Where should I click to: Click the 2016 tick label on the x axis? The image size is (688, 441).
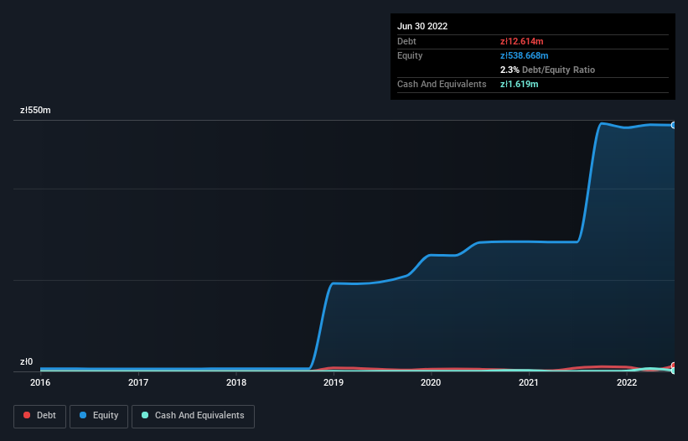pyautogui.click(x=40, y=383)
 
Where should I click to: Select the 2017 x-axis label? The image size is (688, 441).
pyautogui.click(x=138, y=383)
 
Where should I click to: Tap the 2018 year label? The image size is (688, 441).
pyautogui.click(x=236, y=383)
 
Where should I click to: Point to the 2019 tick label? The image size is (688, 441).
pyautogui.click(x=334, y=383)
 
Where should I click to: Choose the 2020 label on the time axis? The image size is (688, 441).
pyautogui.click(x=431, y=383)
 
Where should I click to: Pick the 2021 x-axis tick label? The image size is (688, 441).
pyautogui.click(x=529, y=383)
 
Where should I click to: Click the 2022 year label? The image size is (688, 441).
pyautogui.click(x=626, y=383)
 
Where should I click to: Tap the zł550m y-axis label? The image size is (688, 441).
pyautogui.click(x=36, y=111)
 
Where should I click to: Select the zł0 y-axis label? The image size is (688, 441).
pyautogui.click(x=27, y=362)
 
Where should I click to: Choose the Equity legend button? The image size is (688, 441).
pyautogui.click(x=98, y=416)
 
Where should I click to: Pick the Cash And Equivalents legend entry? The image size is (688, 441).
pyautogui.click(x=193, y=416)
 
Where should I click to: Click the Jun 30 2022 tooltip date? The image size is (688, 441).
pyautogui.click(x=422, y=26)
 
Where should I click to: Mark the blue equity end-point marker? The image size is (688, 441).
pyautogui.click(x=674, y=125)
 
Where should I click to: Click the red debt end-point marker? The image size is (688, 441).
pyautogui.click(x=674, y=366)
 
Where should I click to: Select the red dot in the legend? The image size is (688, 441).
pyautogui.click(x=27, y=416)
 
